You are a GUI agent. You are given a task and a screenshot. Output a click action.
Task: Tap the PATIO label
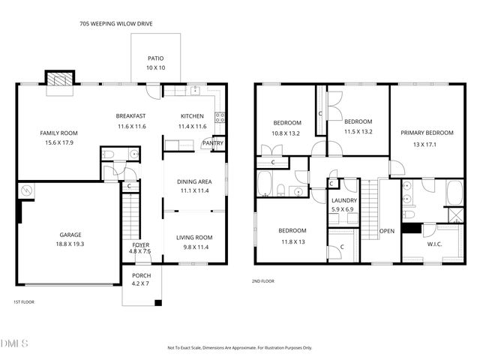pos(155,58)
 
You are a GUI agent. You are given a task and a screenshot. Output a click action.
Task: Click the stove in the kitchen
pos(220,116)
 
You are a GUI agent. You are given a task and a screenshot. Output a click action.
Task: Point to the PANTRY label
pos(213,143)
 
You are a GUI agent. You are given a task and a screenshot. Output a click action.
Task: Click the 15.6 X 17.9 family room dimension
pos(58,142)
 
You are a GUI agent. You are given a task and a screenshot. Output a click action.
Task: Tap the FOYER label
pos(141,244)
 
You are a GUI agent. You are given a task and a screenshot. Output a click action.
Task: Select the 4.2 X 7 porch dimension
pos(141,284)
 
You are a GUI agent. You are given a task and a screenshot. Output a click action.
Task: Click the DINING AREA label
pos(194,181)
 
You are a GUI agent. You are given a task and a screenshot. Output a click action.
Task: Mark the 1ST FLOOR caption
pos(23,302)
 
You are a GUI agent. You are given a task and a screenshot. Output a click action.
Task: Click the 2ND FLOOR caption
pos(262,281)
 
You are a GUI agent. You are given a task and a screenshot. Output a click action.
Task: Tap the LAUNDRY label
pos(344,200)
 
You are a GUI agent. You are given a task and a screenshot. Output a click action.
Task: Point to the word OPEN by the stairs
pos(387,230)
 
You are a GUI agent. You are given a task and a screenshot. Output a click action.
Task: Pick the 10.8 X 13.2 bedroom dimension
pos(286,133)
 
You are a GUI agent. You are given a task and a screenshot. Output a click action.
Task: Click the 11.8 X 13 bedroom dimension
pos(292,241)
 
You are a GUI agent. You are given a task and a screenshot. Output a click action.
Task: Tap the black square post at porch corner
pos(158,303)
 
